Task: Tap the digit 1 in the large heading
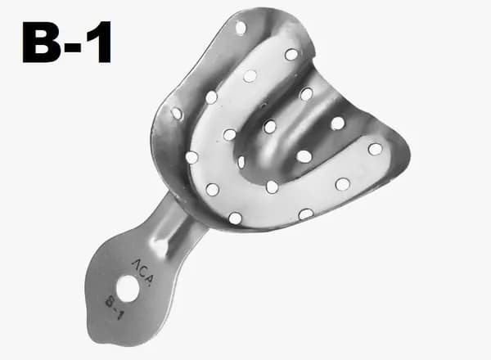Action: (99, 43)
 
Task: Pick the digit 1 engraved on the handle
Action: (119, 315)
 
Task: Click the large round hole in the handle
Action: (128, 289)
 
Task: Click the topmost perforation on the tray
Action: (241, 28)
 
